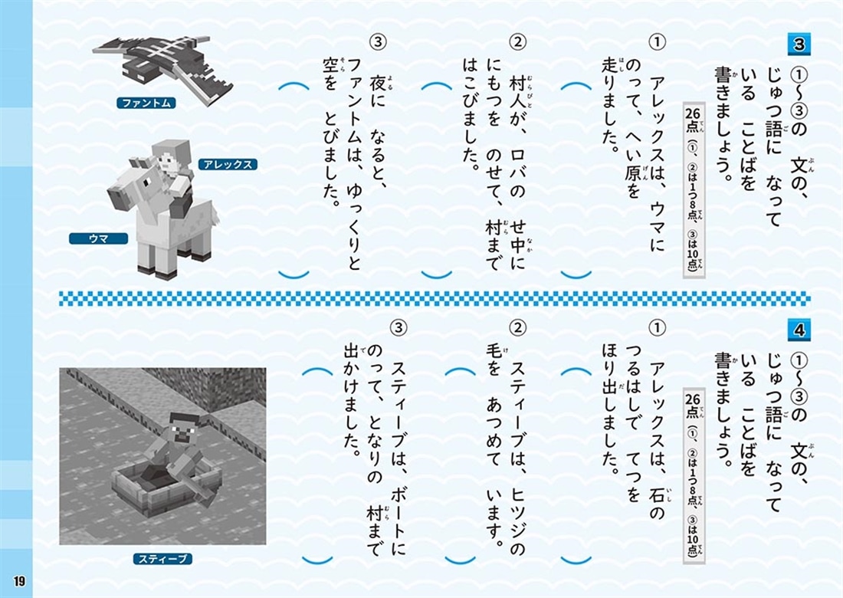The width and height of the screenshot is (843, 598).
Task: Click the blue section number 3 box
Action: [799, 44]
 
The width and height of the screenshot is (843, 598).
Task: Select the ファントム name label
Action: [147, 103]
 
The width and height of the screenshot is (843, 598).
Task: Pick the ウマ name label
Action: [98, 238]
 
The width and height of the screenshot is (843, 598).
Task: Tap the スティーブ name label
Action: [162, 558]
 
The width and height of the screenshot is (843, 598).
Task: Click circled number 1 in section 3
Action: [656, 41]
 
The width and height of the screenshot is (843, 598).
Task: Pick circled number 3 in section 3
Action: [380, 41]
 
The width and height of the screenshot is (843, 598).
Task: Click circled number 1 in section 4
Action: [656, 328]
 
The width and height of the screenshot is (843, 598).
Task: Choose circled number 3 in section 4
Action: [399, 328]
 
